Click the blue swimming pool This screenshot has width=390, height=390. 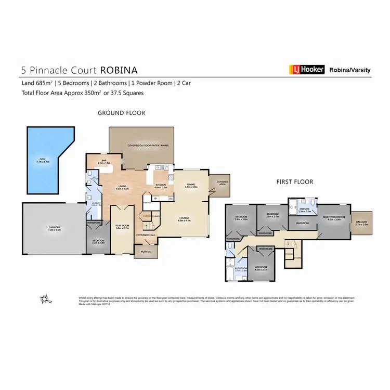click(42, 161)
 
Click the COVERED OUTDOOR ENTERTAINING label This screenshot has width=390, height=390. click(148, 146)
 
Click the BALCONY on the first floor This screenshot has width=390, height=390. click(361, 223)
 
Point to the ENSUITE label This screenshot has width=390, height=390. click(304, 210)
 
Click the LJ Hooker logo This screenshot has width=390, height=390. click(307, 69)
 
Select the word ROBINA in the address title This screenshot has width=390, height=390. click(119, 69)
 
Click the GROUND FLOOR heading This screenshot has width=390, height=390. click(122, 113)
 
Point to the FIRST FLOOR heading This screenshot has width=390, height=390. click(295, 182)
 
